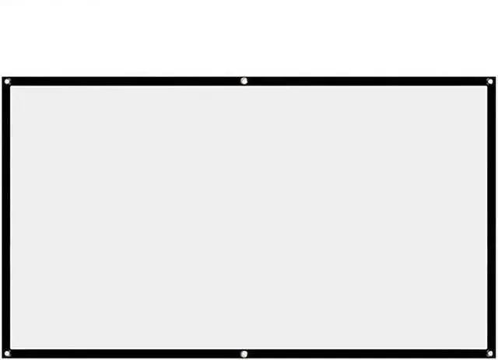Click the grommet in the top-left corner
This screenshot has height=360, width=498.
point(7,81)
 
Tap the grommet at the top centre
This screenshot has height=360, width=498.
point(244,81)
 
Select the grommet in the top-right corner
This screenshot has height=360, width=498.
point(489,81)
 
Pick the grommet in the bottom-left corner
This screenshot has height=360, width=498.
point(7,355)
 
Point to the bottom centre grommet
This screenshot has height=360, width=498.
point(244,355)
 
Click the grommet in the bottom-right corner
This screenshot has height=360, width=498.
point(489,355)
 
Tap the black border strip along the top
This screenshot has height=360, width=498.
point(124,81)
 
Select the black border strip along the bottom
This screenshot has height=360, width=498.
point(124,355)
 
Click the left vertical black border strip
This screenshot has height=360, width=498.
point(5,218)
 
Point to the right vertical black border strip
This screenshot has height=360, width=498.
point(491,218)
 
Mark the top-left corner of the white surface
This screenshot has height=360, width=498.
point(10,86)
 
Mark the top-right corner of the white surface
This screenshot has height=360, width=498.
point(487,86)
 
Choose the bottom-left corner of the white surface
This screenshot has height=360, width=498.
point(10,350)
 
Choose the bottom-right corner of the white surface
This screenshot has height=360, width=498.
point(487,350)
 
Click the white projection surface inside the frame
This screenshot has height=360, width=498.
point(249,218)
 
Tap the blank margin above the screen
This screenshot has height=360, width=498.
point(249,35)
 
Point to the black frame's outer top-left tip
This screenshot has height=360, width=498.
point(2,77)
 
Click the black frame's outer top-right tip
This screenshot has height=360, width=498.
point(495,77)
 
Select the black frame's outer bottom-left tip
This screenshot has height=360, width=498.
point(2,358)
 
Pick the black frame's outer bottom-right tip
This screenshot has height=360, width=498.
point(495,358)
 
